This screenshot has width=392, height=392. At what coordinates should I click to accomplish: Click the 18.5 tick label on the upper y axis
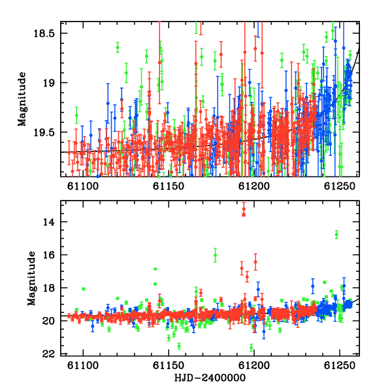[44, 33]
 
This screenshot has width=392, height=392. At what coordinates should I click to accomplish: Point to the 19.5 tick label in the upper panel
[44, 133]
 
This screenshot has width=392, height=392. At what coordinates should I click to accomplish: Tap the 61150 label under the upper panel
[169, 186]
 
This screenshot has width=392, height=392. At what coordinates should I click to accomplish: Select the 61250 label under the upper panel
[340, 186]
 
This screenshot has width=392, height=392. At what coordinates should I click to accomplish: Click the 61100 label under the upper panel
[83, 186]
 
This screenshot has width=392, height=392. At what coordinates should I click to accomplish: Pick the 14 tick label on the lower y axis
[48, 221]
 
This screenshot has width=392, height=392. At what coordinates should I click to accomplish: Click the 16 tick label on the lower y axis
[48, 255]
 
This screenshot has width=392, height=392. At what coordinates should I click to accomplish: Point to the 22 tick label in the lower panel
[48, 353]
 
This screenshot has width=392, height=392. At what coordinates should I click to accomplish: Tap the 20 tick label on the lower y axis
[48, 321]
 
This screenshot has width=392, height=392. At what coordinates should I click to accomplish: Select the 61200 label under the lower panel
[254, 365]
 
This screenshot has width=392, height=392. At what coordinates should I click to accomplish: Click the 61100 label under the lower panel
[83, 365]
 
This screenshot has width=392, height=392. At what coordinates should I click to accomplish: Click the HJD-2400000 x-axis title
[210, 378]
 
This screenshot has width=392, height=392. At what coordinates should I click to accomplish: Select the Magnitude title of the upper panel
[22, 99]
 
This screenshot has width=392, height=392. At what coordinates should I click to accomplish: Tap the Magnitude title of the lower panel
[31, 278]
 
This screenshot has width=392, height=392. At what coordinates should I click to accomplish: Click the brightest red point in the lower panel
[244, 209]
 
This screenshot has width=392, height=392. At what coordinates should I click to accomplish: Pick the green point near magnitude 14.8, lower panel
[336, 235]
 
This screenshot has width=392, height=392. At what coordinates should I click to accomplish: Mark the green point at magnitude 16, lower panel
[215, 255]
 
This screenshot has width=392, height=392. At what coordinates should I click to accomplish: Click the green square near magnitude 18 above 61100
[84, 289]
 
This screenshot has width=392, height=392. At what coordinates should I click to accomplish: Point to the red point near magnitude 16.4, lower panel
[255, 262]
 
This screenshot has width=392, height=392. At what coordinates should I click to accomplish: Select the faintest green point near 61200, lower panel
[252, 348]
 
